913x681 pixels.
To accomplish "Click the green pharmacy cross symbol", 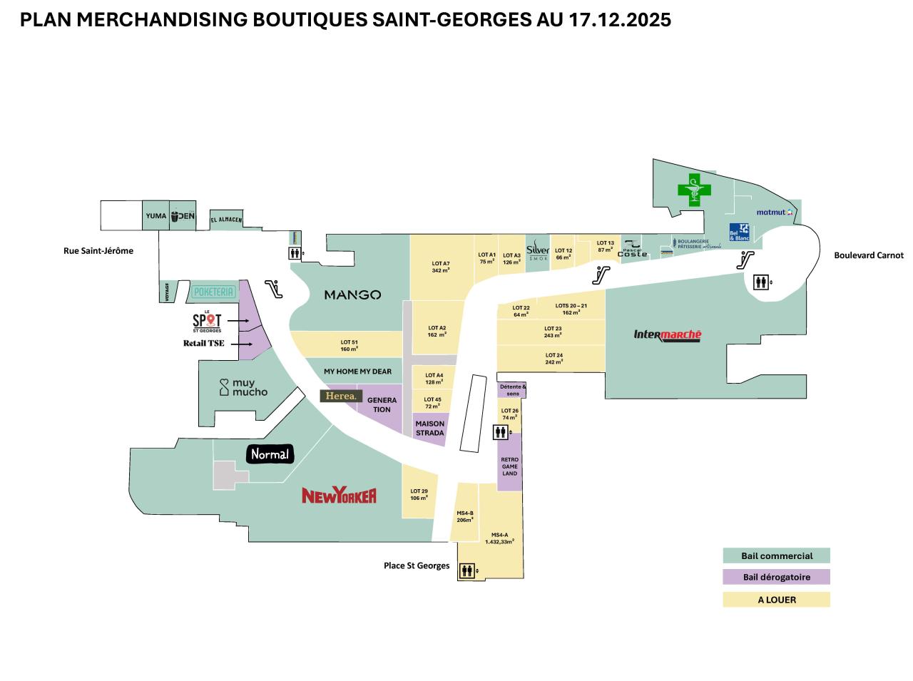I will [x=694, y=188].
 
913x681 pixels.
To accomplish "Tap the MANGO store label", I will [x=352, y=295].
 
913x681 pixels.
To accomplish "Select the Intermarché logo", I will [x=668, y=335].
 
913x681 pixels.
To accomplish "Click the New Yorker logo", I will [x=339, y=496].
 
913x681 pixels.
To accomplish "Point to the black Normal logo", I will [x=270, y=454].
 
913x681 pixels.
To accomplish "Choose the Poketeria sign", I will [x=213, y=292].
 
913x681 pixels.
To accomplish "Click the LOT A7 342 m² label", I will [x=440, y=267].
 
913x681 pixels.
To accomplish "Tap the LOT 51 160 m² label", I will [x=349, y=346].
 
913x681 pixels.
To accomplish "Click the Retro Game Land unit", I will [x=509, y=466].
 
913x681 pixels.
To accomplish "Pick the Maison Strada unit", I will [x=429, y=429].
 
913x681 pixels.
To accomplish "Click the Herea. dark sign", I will [x=341, y=396].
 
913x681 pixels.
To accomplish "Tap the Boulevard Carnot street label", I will [x=868, y=255].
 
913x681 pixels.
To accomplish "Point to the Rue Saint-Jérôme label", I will [x=98, y=251].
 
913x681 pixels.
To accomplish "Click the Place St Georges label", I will [x=417, y=566].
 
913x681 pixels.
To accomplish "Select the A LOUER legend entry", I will [x=776, y=600].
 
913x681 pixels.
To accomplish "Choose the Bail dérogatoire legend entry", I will [x=776, y=578].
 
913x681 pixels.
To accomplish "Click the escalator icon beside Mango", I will [x=272, y=290].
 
